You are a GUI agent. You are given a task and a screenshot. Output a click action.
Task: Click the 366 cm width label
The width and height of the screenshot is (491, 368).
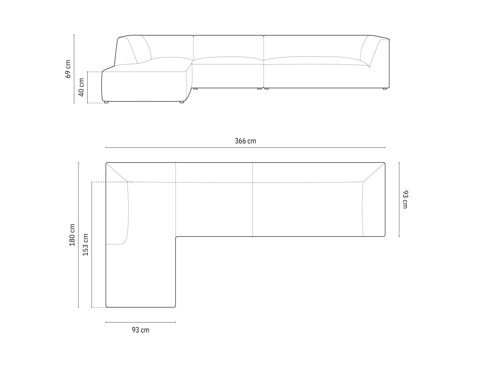click(245, 141)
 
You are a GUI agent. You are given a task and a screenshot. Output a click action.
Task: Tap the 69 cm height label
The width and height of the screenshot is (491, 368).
click(68, 69)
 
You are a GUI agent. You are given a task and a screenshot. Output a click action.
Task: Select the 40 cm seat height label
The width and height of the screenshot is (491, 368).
click(81, 87)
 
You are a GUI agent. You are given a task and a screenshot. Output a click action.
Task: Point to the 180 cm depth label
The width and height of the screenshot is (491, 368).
click(72, 235)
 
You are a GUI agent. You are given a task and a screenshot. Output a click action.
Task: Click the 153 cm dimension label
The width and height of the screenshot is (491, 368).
click(86, 245)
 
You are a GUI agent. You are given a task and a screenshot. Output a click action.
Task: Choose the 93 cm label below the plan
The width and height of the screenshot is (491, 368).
click(141, 330)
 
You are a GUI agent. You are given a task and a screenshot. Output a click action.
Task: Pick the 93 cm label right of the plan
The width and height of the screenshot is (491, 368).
click(405, 199)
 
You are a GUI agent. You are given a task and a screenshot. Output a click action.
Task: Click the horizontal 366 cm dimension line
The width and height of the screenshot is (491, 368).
click(245, 148)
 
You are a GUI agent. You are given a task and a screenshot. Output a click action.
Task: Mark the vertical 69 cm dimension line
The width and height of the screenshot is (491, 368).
click(74, 69)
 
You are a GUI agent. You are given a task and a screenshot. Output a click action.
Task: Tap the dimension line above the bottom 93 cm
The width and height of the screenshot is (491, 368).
click(141, 322)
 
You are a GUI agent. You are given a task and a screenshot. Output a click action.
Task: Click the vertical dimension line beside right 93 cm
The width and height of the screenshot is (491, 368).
click(399, 199)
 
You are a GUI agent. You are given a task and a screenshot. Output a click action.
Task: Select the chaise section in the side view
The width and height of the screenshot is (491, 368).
click(144, 86)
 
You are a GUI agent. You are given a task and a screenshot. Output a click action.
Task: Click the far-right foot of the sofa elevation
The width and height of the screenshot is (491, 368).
click(385, 89)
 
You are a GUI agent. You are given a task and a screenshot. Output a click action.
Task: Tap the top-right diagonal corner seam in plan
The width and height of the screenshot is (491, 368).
click(374, 172)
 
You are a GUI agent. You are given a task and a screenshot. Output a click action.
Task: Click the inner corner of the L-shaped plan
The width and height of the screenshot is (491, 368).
click(176, 237)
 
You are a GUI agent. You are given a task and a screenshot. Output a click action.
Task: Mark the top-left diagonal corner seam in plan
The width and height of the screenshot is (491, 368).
click(117, 172)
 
